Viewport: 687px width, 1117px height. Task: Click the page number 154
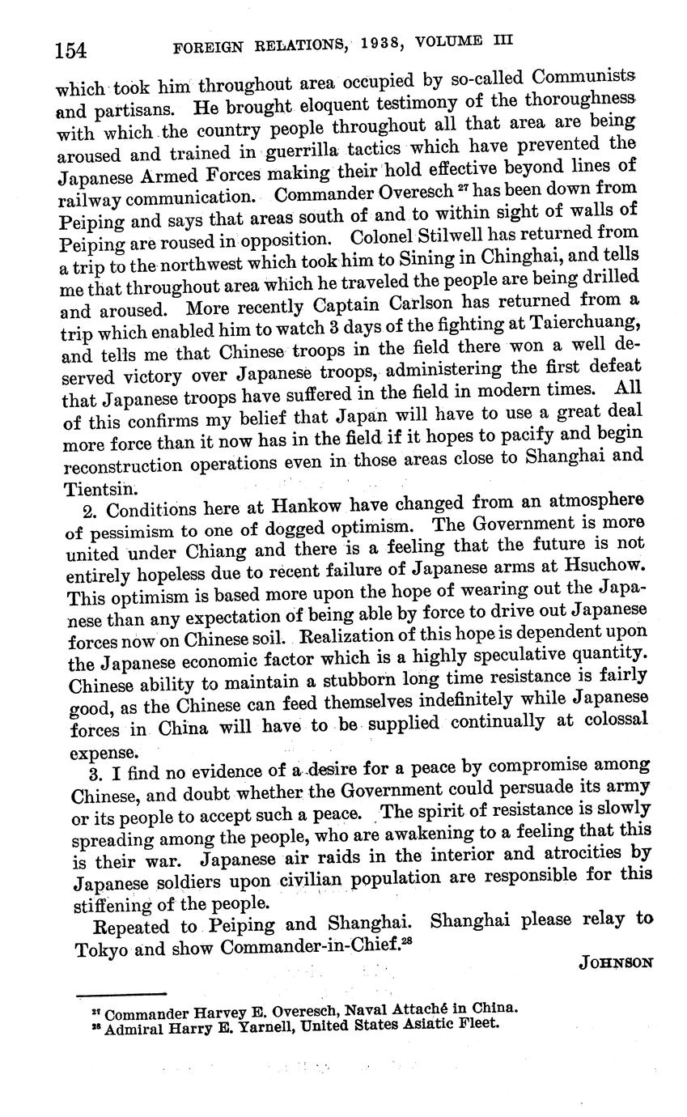click(70, 51)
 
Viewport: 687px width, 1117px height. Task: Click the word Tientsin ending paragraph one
click(89, 489)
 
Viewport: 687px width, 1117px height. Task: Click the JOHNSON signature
click(615, 962)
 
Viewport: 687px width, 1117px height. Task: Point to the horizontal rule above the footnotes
click(121, 993)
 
